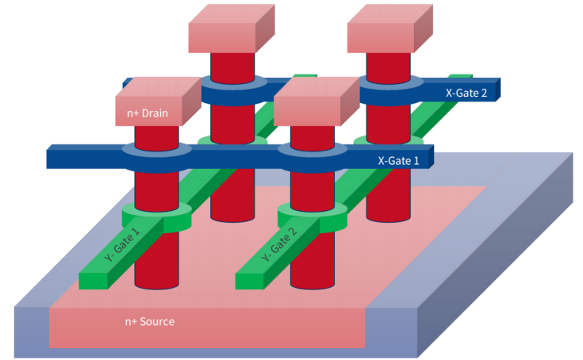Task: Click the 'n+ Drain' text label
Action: click(x=148, y=113)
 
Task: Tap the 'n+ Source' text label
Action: click(x=149, y=321)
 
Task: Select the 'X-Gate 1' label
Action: click(x=398, y=160)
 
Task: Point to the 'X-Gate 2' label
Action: click(x=466, y=93)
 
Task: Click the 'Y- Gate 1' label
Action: click(x=122, y=244)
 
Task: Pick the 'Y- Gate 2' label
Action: click(x=279, y=244)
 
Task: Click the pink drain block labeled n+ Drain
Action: click(x=158, y=101)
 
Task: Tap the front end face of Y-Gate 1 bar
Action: click(x=93, y=281)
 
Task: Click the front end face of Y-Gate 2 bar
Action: click(x=250, y=281)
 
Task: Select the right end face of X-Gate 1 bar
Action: click(x=431, y=156)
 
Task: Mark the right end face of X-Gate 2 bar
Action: click(x=498, y=90)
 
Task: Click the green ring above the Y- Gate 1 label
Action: click(x=156, y=217)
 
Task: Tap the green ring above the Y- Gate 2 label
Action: click(x=313, y=217)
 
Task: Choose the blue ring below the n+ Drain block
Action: click(x=156, y=158)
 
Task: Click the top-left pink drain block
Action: click(x=232, y=29)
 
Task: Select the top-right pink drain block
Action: click(x=390, y=29)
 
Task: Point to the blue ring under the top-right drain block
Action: click(x=389, y=91)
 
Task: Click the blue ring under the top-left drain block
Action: click(x=233, y=91)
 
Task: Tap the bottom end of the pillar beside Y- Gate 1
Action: click(x=156, y=285)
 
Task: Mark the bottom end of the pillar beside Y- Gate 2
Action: click(x=313, y=285)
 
